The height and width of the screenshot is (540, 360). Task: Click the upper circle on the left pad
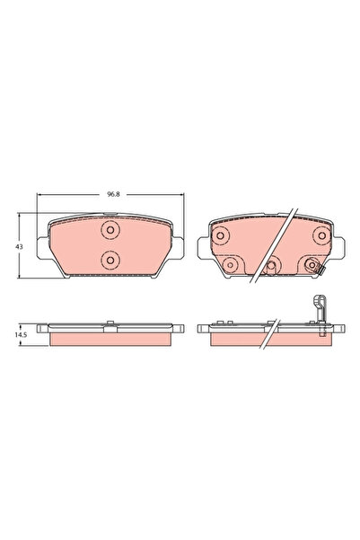(x=110, y=231)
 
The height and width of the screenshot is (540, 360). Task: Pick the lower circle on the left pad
(x=110, y=260)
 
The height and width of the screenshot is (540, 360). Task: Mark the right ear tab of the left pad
(x=179, y=248)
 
